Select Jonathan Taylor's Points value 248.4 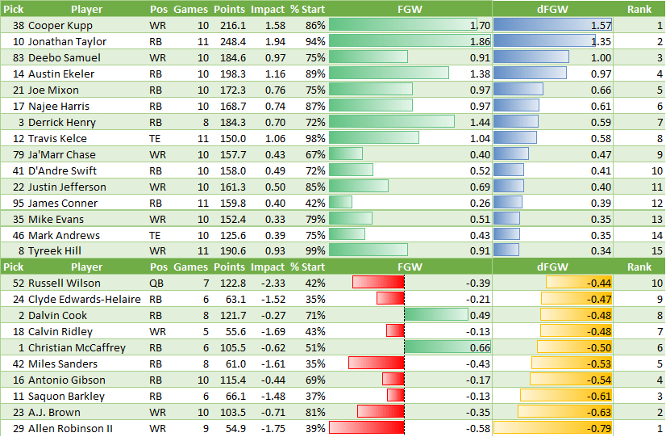tap(230, 41)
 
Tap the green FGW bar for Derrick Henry tap(391, 122)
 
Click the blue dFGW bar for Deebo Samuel tap(531, 57)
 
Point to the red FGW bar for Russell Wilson tap(377, 283)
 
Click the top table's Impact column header tap(268, 9)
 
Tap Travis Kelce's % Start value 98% tap(314, 138)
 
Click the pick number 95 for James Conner tap(17, 203)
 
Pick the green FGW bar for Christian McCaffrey tap(447, 347)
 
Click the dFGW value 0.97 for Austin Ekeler tap(600, 74)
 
